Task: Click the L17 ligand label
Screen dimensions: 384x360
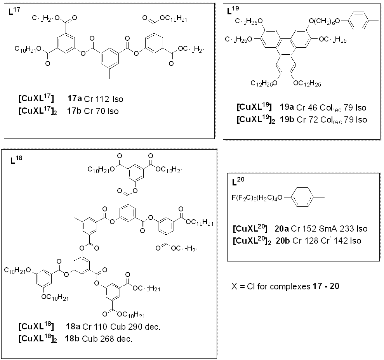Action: [x=14, y=11]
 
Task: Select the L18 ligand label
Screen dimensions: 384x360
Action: [x=16, y=160]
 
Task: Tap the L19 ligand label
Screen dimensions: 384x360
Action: [x=233, y=10]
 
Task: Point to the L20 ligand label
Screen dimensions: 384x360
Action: [x=238, y=181]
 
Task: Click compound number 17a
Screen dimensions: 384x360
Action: [x=75, y=99]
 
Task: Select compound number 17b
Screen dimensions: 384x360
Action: [x=74, y=111]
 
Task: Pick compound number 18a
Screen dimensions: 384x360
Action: [x=73, y=327]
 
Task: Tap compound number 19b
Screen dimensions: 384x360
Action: [x=287, y=119]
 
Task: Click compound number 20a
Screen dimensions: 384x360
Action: [x=281, y=228]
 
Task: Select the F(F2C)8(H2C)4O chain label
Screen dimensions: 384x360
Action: [x=257, y=197]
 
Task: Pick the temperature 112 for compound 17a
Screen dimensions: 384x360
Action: [x=103, y=99]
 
